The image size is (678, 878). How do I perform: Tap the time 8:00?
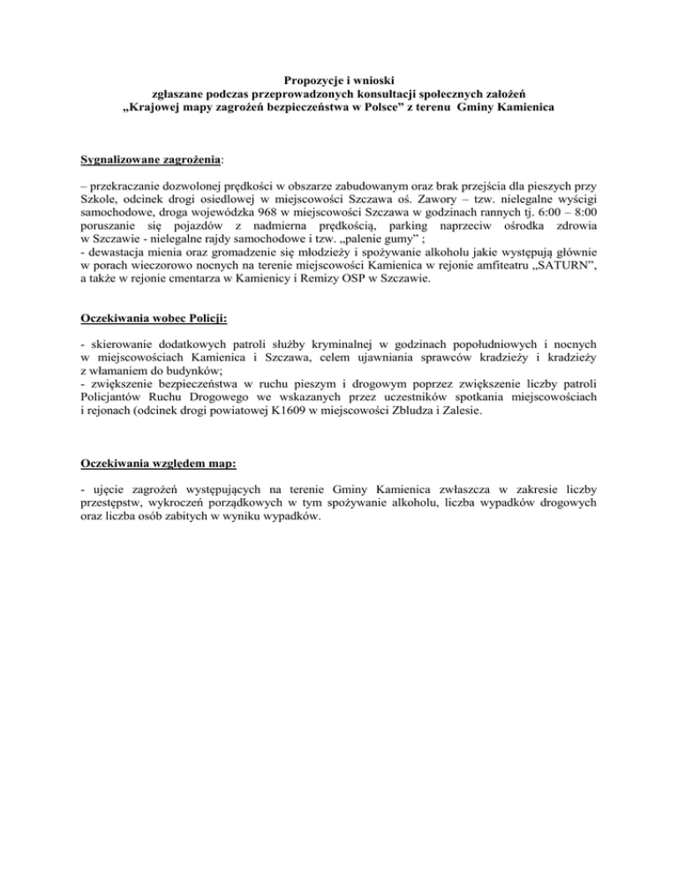pyautogui.click(x=581, y=217)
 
